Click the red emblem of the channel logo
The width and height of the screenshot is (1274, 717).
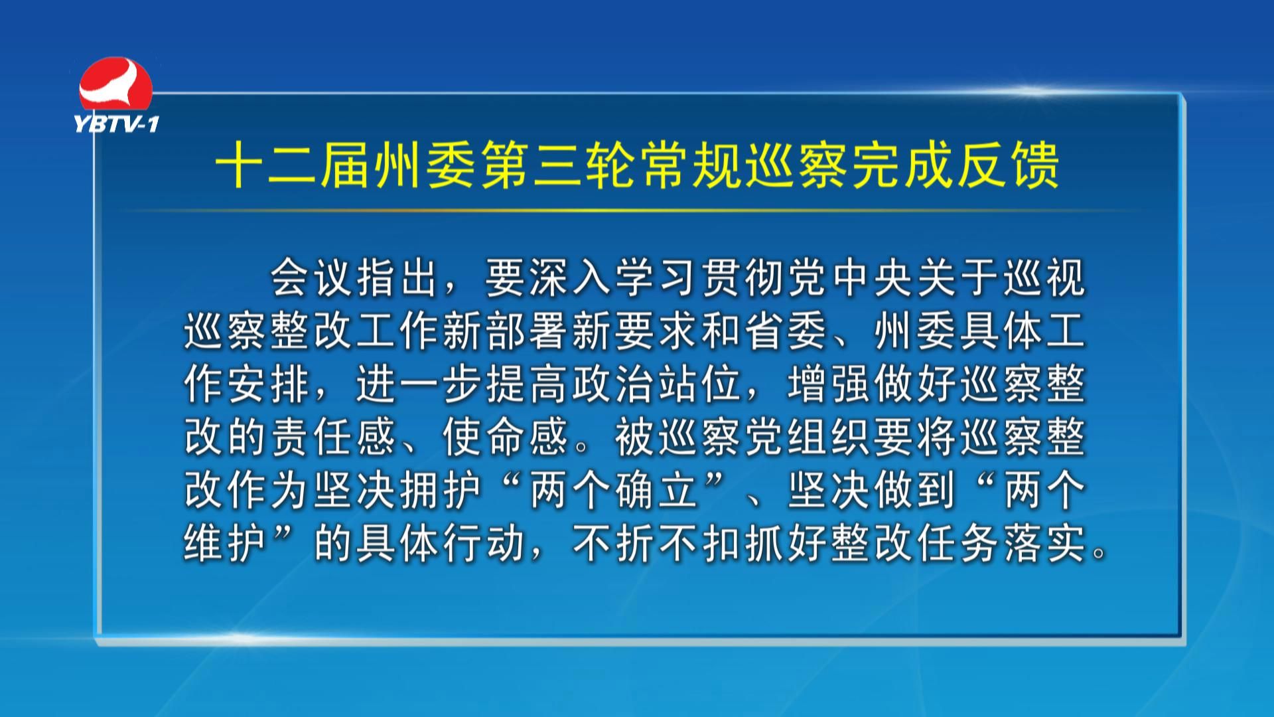click(115, 85)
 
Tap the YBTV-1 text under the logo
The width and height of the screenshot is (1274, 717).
click(117, 123)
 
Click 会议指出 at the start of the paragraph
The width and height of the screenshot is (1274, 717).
click(354, 278)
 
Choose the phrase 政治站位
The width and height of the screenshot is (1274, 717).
click(657, 384)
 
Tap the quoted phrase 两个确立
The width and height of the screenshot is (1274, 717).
click(613, 490)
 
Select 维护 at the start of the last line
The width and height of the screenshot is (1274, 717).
click(225, 543)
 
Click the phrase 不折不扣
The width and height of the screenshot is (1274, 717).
click(657, 543)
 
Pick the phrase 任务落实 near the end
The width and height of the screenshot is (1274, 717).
click(1002, 543)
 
